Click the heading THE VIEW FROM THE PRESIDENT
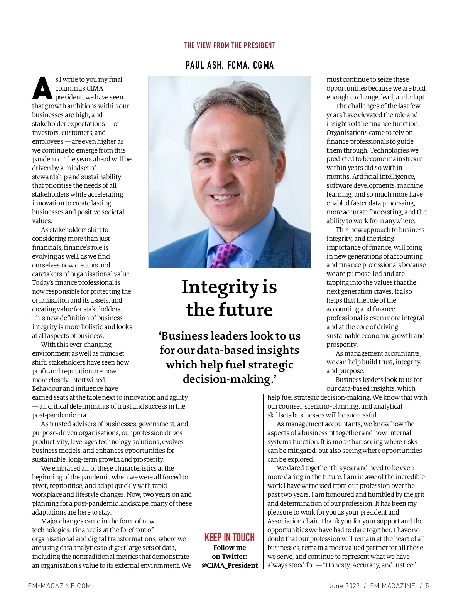pos(230,45)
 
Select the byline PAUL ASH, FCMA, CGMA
pos(230,65)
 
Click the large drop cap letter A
pos(42,88)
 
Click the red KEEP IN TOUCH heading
pos(230,537)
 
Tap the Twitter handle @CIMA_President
pos(230,565)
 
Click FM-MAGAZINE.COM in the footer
pos(59,586)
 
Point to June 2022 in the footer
pos(344,586)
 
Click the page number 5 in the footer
pos(427,586)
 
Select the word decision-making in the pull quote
pos(228,379)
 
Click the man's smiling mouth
pos(223,197)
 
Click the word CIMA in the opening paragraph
pos(95,88)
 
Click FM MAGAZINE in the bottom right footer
pos(392,586)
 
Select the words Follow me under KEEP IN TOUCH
pos(230,548)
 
